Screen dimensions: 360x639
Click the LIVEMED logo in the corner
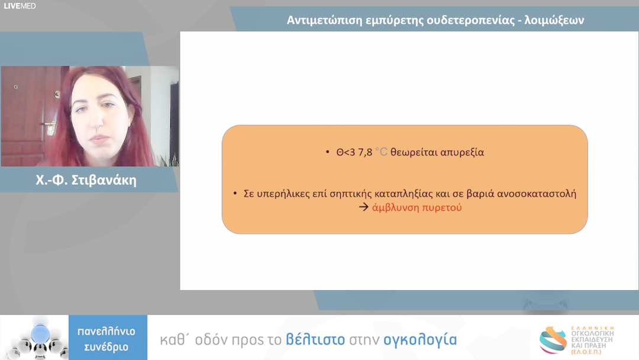tap(20, 6)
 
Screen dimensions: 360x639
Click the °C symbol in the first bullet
tap(381, 152)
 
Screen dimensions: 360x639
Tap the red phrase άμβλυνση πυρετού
tap(417, 208)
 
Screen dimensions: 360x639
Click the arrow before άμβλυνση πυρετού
tap(363, 208)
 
